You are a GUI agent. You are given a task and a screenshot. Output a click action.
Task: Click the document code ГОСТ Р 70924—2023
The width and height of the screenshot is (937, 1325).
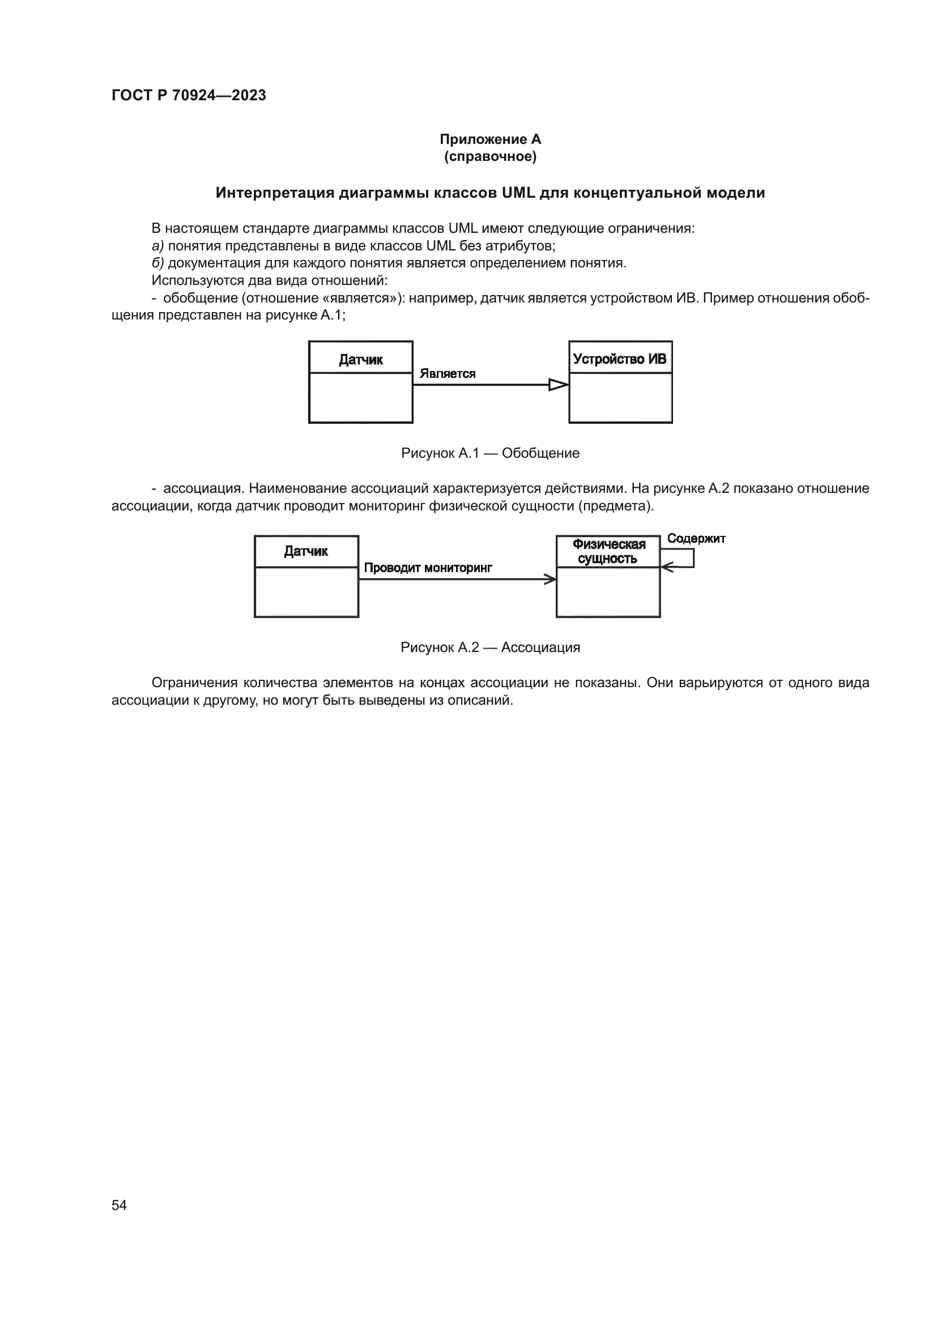point(189,95)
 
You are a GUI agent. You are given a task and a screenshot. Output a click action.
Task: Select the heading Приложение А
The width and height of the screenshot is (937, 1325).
point(490,139)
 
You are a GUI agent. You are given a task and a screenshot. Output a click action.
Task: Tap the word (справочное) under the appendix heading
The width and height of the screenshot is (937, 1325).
point(490,156)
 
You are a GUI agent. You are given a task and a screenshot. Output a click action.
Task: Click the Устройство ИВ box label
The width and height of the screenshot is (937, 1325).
point(620,359)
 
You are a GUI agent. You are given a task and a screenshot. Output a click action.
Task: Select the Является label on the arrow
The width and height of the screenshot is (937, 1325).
point(447,373)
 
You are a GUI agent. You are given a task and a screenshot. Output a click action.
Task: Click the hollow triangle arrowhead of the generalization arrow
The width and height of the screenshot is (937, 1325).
point(558,384)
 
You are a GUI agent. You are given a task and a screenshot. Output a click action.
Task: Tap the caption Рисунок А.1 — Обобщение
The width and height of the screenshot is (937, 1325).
point(490,453)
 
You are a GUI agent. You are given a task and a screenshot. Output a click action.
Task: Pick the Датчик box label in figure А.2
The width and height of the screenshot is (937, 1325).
point(306,551)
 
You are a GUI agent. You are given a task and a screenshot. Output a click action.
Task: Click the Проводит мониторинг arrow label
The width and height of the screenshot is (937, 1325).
point(428,568)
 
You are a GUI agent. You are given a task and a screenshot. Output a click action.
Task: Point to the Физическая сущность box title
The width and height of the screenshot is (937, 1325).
point(608,551)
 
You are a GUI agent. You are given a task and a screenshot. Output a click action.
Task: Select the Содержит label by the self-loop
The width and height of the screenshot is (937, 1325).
point(696,538)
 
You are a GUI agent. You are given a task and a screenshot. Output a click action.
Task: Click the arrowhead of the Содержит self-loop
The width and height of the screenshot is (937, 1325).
point(666,567)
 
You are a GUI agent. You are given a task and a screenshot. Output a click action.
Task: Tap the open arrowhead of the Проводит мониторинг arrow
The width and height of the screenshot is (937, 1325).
point(551,579)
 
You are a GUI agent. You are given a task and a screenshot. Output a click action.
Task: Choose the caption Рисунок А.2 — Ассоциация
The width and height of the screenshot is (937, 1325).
point(490,647)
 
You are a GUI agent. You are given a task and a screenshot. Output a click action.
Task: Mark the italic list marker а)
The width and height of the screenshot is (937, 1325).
point(157,246)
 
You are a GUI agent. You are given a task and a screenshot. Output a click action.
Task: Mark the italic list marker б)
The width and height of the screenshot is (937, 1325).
point(157,263)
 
